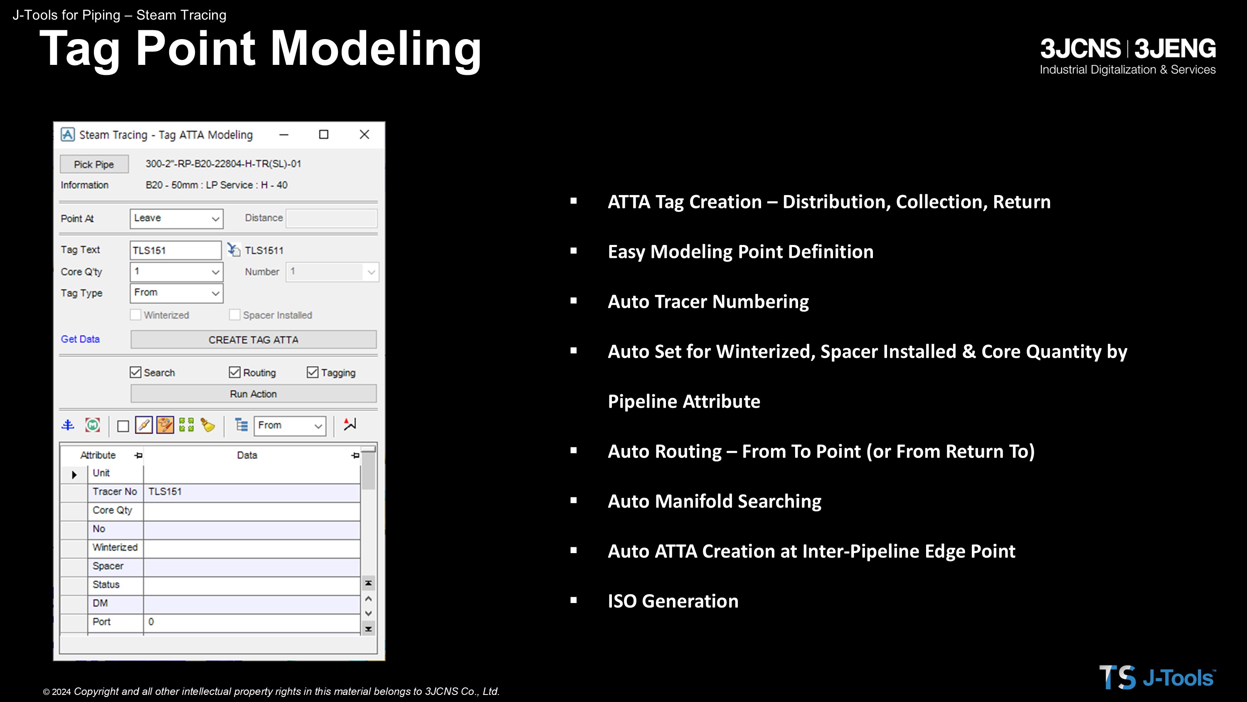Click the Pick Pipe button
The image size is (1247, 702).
[x=94, y=164]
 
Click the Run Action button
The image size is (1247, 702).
[x=253, y=394]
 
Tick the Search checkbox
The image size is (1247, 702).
[x=136, y=372]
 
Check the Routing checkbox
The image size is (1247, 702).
[x=235, y=372]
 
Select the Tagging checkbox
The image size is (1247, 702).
[x=313, y=372]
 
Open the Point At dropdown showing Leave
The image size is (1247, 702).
[x=176, y=218]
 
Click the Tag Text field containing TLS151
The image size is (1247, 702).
[x=175, y=250]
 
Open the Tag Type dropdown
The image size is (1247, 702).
[x=176, y=293]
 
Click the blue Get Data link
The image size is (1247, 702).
[x=80, y=339]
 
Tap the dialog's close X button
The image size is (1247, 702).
[x=365, y=135]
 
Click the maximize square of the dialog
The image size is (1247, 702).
[x=324, y=135]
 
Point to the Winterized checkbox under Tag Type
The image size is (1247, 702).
[x=136, y=315]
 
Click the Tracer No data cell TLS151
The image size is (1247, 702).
[x=252, y=492]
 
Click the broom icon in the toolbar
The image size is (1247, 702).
[x=208, y=425]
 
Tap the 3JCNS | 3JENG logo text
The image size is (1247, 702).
[x=1128, y=48]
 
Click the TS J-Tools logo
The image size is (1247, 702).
[x=1157, y=677]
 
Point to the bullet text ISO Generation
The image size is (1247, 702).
[x=673, y=601]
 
